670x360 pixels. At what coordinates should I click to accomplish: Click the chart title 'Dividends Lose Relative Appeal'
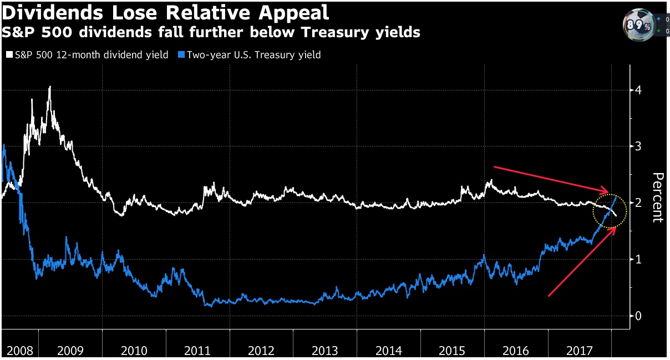point(165,12)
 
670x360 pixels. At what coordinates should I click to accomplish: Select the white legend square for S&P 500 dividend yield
point(9,55)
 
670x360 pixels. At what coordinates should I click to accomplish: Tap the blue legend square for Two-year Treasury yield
point(181,55)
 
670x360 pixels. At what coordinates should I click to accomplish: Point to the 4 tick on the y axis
point(639,90)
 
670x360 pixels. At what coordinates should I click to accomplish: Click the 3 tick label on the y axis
point(639,146)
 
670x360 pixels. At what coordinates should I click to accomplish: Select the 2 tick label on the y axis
point(639,203)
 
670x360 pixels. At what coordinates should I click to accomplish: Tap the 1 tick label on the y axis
point(639,260)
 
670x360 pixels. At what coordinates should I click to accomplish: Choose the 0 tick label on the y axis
point(639,316)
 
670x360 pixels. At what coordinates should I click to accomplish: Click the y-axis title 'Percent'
point(658,197)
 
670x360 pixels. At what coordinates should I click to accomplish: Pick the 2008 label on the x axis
point(19,351)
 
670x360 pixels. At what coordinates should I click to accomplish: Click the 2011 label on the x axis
point(197,351)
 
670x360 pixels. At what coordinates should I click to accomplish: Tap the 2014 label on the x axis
point(388,351)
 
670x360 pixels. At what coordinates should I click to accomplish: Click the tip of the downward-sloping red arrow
point(616,194)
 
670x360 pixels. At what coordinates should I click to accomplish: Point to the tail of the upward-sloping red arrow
point(549,296)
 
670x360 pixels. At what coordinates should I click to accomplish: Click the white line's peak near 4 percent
point(50,87)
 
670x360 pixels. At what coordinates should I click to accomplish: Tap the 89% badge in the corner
point(637,25)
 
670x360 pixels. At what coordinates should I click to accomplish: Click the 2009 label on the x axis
point(70,351)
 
